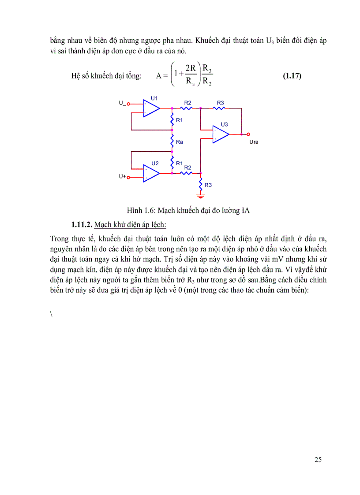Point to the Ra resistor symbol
coord(172,142)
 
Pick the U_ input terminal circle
coord(128,104)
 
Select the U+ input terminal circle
coord(129,177)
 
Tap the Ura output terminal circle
coord(248,134)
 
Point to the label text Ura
coord(254,142)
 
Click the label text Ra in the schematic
coord(179,142)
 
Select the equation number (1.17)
coord(292,75)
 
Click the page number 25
coord(318,460)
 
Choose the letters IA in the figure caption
coord(246,210)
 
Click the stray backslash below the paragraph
coord(52,313)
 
